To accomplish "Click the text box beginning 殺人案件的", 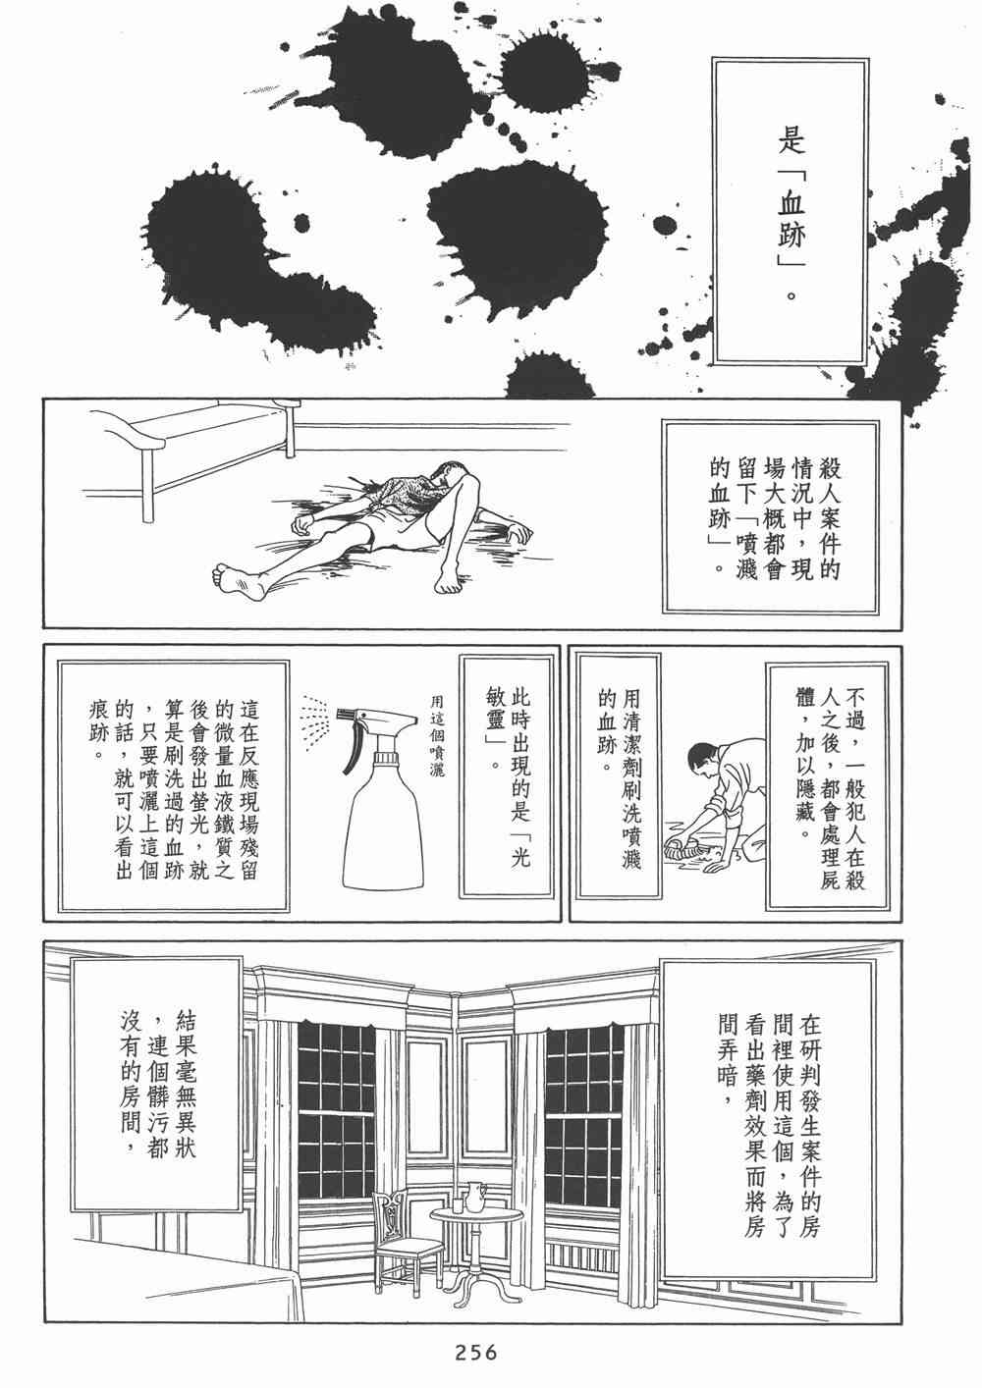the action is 771,518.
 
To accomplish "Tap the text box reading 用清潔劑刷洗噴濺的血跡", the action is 618,778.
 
